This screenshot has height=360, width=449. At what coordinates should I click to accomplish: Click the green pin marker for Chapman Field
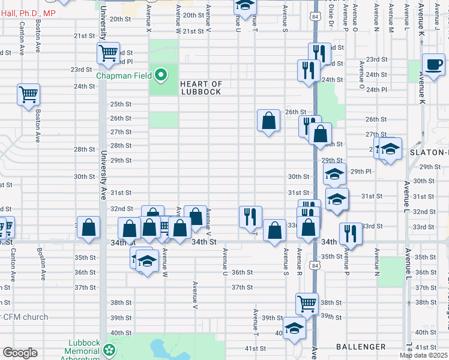coord(160,76)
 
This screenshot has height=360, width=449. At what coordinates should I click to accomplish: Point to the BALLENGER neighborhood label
coord(361,347)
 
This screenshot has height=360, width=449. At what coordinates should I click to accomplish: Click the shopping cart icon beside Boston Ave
coord(29,95)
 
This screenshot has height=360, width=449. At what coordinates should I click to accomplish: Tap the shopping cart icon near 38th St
coord(307,303)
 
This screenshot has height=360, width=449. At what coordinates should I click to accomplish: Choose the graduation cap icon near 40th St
coord(294,328)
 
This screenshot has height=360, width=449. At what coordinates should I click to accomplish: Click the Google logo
coord(20,353)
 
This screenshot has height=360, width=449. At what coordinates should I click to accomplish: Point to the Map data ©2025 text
coord(423,355)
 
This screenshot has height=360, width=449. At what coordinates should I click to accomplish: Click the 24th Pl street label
coord(376,90)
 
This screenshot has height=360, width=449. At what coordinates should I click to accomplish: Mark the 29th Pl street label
coord(361,172)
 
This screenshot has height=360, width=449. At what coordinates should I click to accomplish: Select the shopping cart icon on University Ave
coord(109,53)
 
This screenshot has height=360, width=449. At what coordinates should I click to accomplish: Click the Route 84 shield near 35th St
coord(315,263)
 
